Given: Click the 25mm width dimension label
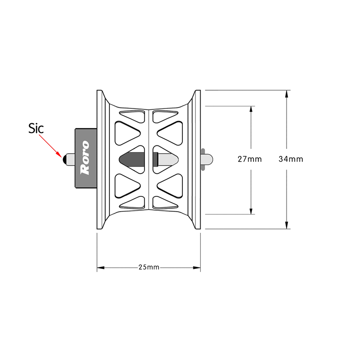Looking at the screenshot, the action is pyautogui.click(x=149, y=267).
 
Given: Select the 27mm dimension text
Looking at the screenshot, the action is pyautogui.click(x=250, y=159).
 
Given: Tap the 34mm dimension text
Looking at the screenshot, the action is pyautogui.click(x=291, y=159).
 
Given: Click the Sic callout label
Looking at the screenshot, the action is pyautogui.click(x=36, y=128).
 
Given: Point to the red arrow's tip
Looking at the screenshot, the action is pyautogui.click(x=62, y=157).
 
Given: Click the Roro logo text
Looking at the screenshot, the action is pyautogui.click(x=84, y=158).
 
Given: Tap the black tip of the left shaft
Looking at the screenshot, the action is pyautogui.click(x=64, y=159).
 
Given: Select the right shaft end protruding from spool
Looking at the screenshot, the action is pyautogui.click(x=206, y=159).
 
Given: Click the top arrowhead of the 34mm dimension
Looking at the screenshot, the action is pyautogui.click(x=287, y=94).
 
